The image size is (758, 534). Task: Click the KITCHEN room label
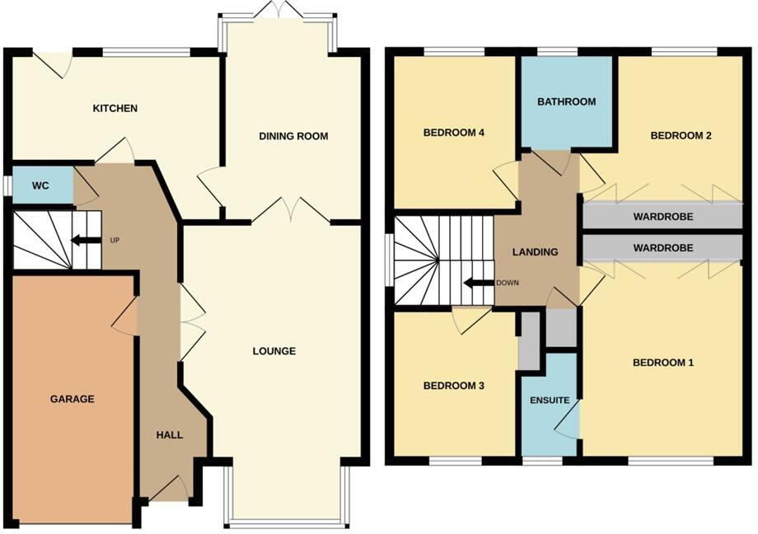click(115, 109)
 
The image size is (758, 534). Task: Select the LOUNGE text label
click(274, 351)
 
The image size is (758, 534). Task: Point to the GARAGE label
click(72, 399)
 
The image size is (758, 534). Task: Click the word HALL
click(170, 435)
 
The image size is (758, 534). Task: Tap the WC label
click(40, 185)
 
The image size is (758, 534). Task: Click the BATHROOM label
click(566, 102)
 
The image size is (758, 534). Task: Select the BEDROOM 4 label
click(453, 133)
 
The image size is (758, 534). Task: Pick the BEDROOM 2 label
click(681, 136)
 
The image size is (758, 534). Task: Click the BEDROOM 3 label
click(453, 386)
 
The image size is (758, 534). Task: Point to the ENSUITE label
click(550, 400)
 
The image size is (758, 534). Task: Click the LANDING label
click(535, 252)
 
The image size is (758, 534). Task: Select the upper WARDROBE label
click(663, 218)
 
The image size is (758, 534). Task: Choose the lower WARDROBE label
click(663, 247)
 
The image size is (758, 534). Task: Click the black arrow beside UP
click(81, 241)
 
